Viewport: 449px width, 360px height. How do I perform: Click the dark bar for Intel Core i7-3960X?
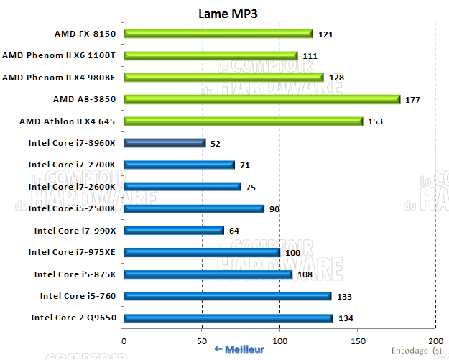(x=165, y=143)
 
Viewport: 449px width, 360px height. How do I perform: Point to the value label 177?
(x=412, y=100)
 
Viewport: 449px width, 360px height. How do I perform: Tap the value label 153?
(x=375, y=121)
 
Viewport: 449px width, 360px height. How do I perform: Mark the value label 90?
(x=275, y=209)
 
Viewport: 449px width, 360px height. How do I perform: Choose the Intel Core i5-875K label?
(x=75, y=274)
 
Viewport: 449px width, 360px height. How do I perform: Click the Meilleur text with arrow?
(x=239, y=349)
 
